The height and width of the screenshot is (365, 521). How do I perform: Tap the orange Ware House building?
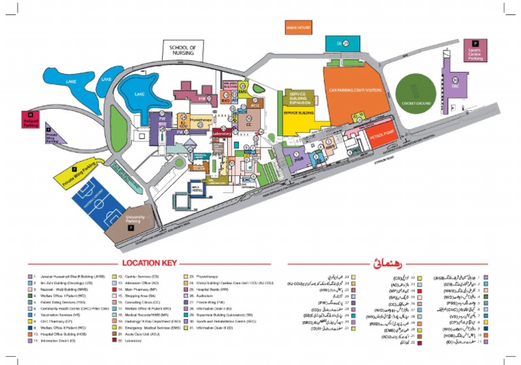coord(298,28)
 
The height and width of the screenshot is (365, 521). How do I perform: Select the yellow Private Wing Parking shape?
coord(79,170)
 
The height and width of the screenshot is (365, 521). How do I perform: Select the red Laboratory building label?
coord(223,134)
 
